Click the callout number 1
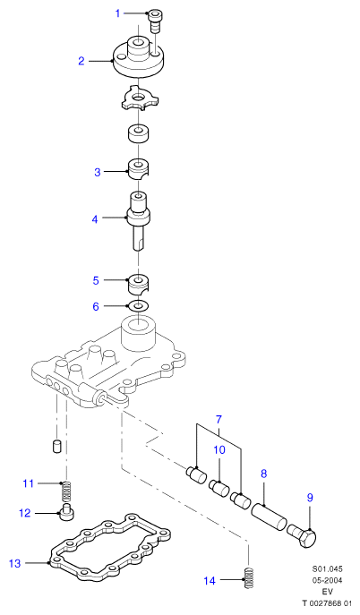pyautogui.click(x=117, y=13)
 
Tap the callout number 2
pyautogui.click(x=81, y=61)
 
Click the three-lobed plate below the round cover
pyautogui.click(x=138, y=98)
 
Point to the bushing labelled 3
pyautogui.click(x=140, y=169)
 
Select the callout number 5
pyautogui.click(x=96, y=280)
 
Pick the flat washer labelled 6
pyautogui.click(x=139, y=305)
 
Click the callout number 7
pyautogui.click(x=219, y=419)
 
